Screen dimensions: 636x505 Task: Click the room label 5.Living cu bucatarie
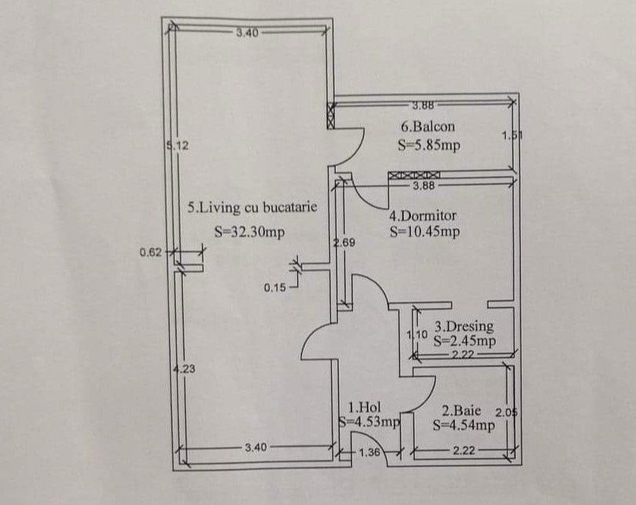(252, 208)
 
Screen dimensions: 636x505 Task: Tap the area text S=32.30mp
(249, 231)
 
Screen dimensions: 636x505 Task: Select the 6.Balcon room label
(428, 126)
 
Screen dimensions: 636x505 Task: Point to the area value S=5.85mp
(429, 145)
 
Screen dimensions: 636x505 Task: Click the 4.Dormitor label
(423, 216)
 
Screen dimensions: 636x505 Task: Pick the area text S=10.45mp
(425, 231)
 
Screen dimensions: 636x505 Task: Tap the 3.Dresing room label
(464, 326)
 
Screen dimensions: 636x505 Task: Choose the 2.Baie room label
(461, 411)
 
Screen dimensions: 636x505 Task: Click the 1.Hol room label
(365, 407)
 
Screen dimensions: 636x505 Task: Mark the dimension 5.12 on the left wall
(178, 145)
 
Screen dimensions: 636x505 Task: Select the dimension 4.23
(184, 369)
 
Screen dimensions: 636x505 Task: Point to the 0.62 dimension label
(151, 252)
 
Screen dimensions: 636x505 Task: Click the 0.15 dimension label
(274, 288)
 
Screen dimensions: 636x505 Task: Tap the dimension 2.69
(344, 242)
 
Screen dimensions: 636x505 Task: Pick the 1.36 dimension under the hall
(369, 452)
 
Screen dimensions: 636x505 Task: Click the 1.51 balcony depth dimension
(512, 136)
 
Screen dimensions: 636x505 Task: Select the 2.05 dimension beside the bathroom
(507, 413)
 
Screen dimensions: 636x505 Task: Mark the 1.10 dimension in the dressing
(417, 335)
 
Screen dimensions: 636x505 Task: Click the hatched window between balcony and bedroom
(414, 175)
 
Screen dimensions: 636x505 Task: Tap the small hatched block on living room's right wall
(331, 115)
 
